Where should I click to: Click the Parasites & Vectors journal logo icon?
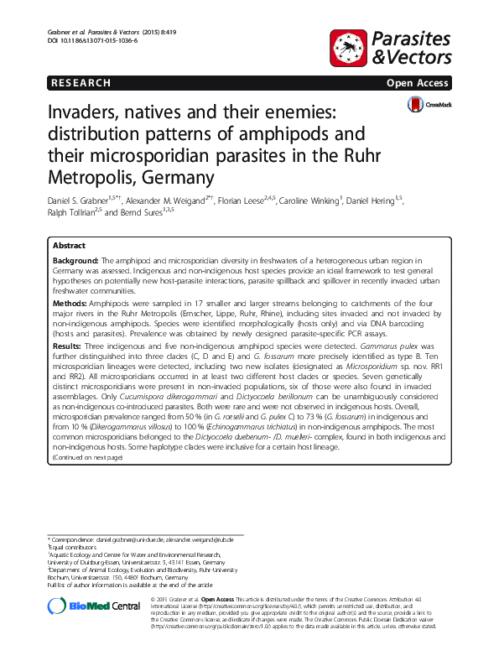pyautogui.click(x=350, y=48)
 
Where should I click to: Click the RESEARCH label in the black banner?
pyautogui.click(x=81, y=83)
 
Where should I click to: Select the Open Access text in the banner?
pyautogui.click(x=418, y=83)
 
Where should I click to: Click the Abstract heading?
pyautogui.click(x=69, y=246)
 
